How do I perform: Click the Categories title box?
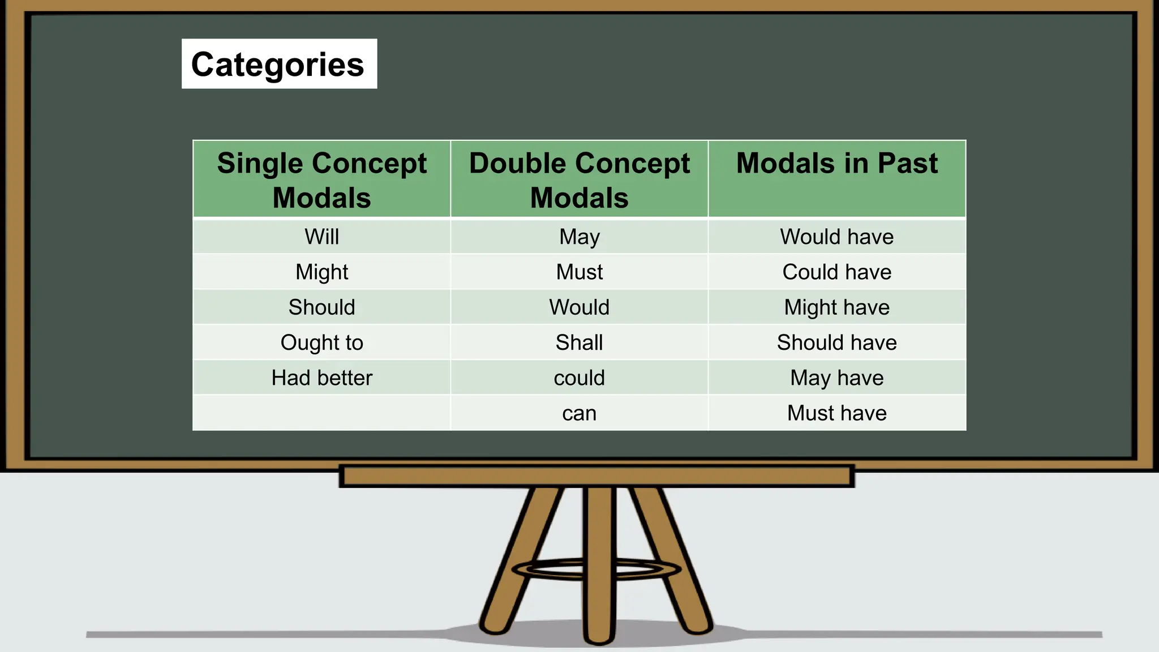279,64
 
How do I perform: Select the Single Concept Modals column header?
321,179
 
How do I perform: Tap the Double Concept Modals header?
579,179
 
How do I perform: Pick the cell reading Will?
321,237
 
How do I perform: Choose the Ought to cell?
321,342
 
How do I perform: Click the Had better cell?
321,378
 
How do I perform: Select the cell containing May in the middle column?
579,237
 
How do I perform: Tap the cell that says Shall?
579,342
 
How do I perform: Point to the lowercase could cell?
579,378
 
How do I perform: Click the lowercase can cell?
579,413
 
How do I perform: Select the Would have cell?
836,237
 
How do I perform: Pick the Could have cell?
836,272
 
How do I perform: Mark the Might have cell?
836,307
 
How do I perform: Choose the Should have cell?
836,342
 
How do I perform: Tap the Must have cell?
836,413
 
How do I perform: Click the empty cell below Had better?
321,413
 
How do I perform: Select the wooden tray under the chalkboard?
596,477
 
